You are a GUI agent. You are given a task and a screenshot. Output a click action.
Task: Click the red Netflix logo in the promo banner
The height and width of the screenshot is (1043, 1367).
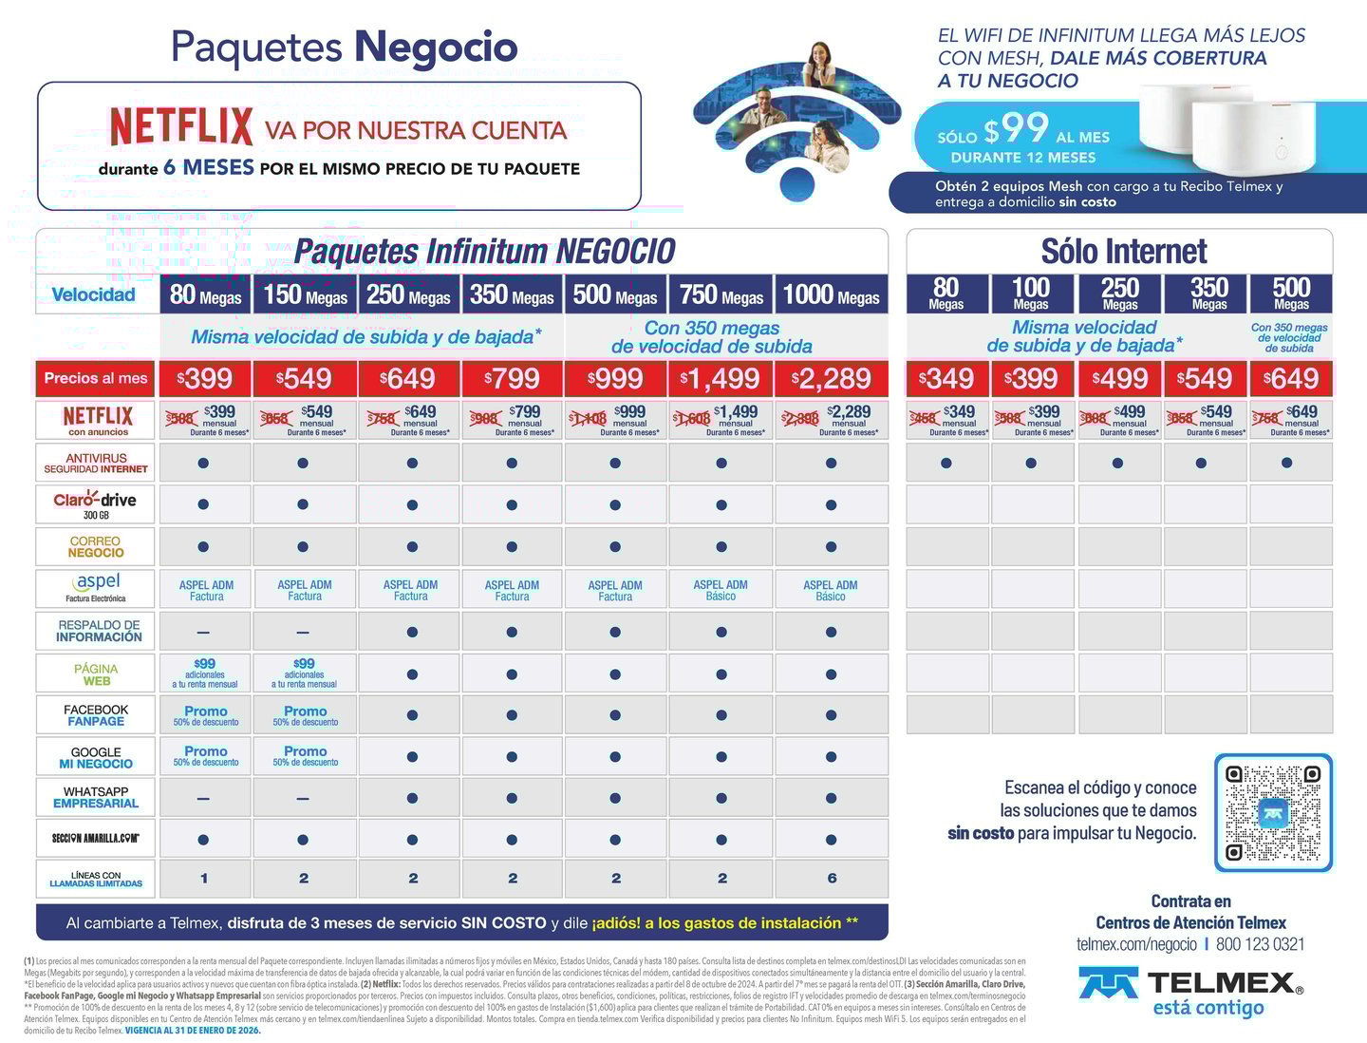[x=181, y=126]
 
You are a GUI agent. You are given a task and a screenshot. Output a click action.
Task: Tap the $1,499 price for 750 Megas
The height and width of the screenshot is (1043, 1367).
[x=721, y=379]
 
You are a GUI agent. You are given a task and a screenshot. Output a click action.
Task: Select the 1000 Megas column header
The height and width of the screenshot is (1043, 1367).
[x=831, y=294]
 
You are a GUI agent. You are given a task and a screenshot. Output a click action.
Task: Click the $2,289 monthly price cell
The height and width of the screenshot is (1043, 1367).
[x=831, y=379]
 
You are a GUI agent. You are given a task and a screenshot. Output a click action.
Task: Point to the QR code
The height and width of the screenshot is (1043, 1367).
[x=1273, y=813]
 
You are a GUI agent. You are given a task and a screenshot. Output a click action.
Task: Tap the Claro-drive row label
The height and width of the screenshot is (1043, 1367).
[x=96, y=504]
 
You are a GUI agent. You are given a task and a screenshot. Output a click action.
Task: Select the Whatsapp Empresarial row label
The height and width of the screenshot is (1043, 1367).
[x=96, y=798]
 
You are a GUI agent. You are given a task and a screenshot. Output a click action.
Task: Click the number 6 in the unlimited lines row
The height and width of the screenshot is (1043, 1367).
[x=832, y=879]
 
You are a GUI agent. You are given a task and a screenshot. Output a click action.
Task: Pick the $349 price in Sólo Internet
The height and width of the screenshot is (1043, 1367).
[x=946, y=379]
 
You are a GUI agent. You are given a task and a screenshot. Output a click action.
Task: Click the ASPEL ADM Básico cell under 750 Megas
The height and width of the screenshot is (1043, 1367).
[x=721, y=591]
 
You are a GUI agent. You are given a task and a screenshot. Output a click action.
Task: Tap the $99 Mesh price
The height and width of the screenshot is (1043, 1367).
[x=1016, y=130]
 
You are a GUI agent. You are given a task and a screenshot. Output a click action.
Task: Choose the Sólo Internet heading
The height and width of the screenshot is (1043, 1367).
[x=1123, y=252]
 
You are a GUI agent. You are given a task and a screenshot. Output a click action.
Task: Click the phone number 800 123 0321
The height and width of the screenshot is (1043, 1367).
[x=1260, y=944]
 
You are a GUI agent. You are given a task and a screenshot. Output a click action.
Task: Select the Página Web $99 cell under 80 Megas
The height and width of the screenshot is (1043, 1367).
[x=205, y=673]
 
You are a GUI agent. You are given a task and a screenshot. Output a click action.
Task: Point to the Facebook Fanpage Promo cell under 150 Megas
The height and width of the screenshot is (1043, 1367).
[x=305, y=715]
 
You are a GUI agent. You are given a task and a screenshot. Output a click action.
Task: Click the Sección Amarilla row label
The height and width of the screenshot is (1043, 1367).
[x=96, y=839]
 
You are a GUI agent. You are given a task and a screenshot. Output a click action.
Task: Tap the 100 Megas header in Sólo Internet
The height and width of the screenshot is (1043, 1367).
[x=1030, y=294]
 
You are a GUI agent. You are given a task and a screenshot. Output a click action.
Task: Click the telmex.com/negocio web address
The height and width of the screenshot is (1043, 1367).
[x=1136, y=944]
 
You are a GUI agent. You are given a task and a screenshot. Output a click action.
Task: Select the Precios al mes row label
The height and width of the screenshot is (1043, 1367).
[x=96, y=378]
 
